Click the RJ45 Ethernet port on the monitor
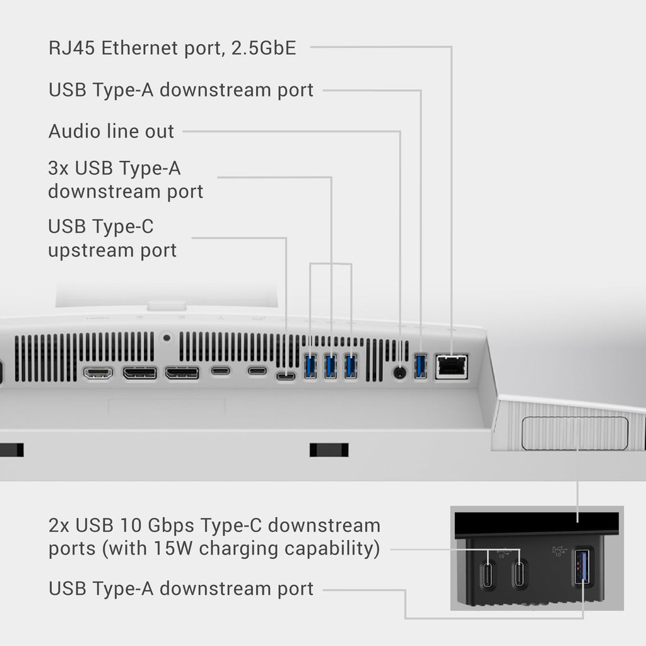[x=452, y=367]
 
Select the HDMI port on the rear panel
[x=98, y=373]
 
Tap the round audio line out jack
[x=399, y=373]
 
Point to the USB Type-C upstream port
[x=286, y=376]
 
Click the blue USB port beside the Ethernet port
[x=420, y=366]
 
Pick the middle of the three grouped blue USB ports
[x=331, y=367]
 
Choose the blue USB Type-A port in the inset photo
[x=582, y=567]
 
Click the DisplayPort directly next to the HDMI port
[x=140, y=373]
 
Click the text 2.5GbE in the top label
[x=264, y=48]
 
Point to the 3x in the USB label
[x=58, y=168]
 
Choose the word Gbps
[x=171, y=526]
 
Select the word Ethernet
[x=139, y=48]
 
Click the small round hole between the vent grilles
[x=167, y=338]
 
